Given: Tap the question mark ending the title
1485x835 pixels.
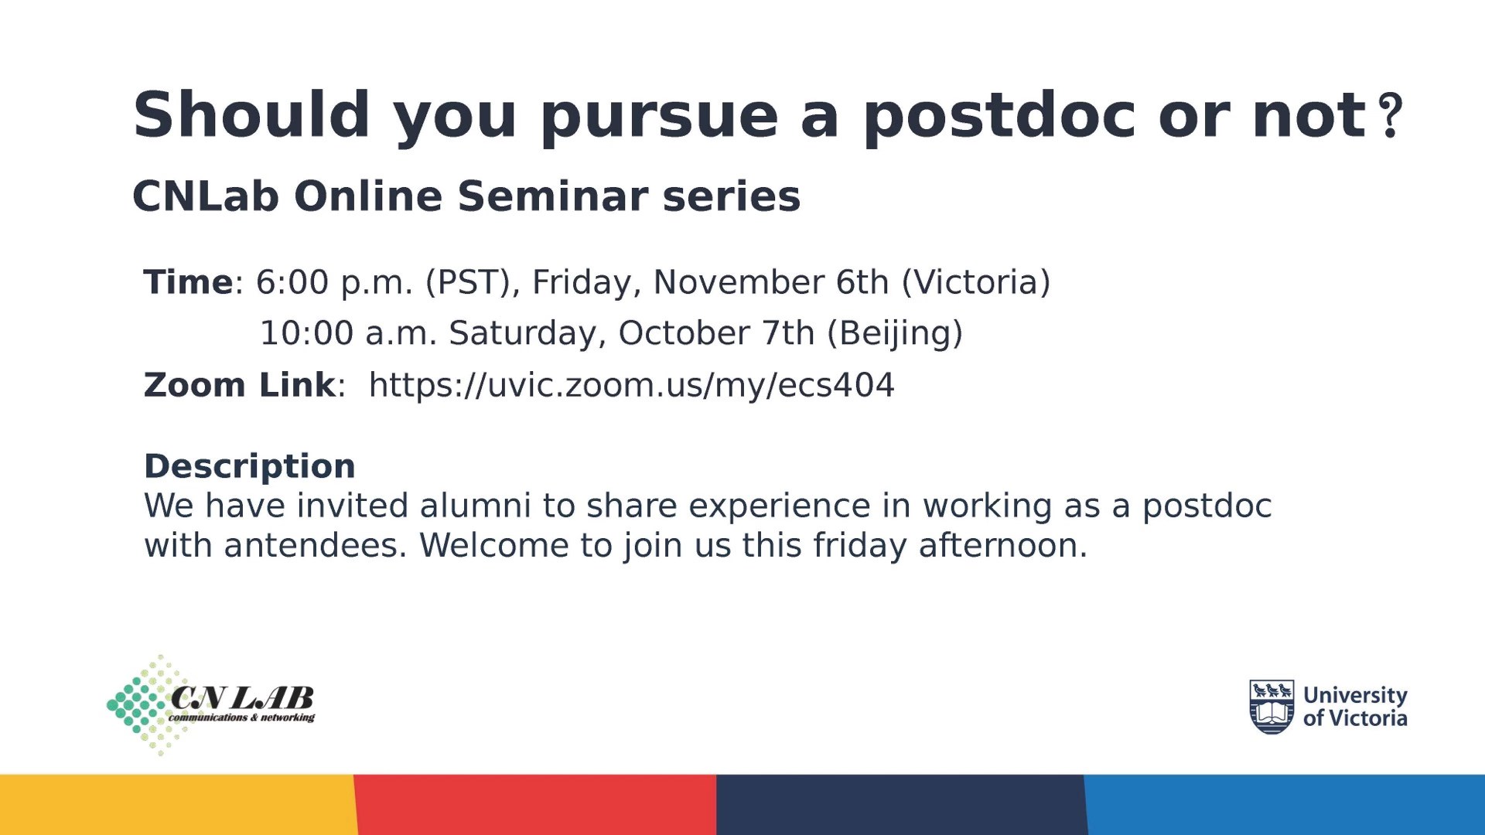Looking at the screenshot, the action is click(x=1391, y=116).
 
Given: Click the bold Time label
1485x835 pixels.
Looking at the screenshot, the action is click(x=188, y=282).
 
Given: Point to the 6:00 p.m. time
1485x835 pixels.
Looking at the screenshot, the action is click(x=334, y=284).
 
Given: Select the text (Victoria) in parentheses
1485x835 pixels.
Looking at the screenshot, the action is click(x=976, y=282).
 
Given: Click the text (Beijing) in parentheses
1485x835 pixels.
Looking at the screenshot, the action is click(x=895, y=334).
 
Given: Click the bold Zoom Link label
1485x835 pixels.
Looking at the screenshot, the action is click(x=240, y=385).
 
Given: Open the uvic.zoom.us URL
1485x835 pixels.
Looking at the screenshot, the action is click(x=631, y=386).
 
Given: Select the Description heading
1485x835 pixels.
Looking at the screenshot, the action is click(x=250, y=466).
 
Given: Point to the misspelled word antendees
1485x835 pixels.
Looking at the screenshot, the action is click(x=315, y=546).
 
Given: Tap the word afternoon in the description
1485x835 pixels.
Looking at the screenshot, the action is click(x=1002, y=546).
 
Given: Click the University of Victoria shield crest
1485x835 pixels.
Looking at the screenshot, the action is click(x=1272, y=707).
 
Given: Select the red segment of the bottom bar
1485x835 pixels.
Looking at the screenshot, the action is click(x=535, y=805).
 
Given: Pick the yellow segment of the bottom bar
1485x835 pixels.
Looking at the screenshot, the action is click(x=178, y=805).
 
